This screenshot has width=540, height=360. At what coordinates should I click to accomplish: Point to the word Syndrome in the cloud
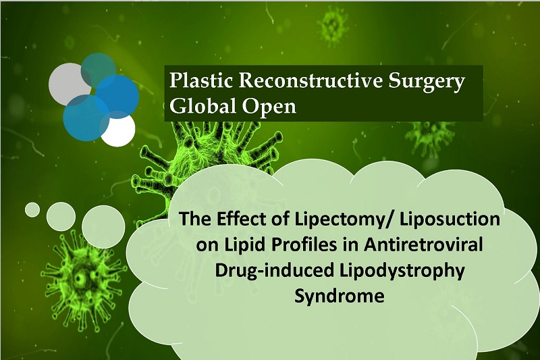coord(340,297)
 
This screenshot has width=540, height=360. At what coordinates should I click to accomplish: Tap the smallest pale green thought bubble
coord(32,210)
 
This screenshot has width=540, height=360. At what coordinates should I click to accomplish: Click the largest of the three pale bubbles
coord(103,226)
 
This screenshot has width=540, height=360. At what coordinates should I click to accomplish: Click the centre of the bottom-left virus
coord(81,278)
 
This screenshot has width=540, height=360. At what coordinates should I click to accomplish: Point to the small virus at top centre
coord(333,25)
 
